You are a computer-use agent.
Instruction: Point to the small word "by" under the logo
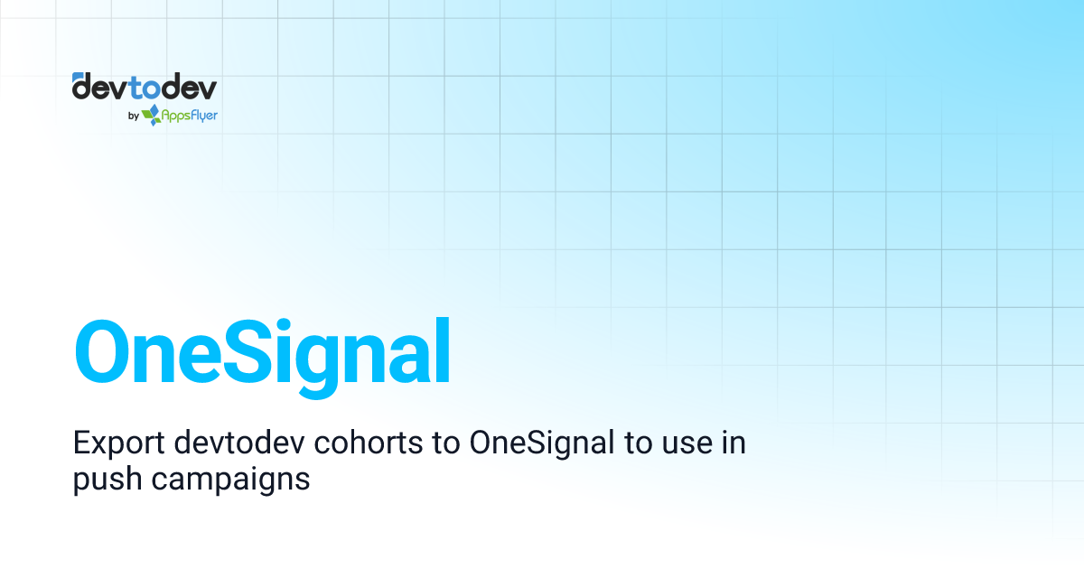pyautogui.click(x=133, y=116)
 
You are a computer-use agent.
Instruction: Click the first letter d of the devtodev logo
pyautogui.click(x=82, y=88)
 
